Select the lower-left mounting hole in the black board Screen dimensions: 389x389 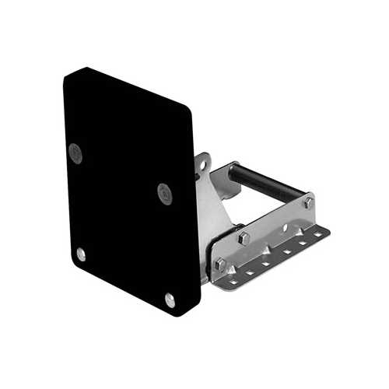(x=81, y=253)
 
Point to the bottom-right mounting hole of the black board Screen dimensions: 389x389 (x=170, y=299)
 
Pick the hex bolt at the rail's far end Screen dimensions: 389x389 (x=309, y=202)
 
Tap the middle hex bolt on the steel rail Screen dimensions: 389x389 (x=244, y=237)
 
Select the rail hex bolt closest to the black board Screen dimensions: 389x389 (x=219, y=265)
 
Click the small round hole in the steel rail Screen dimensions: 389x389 (x=285, y=228)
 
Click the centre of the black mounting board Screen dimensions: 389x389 (x=128, y=191)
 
